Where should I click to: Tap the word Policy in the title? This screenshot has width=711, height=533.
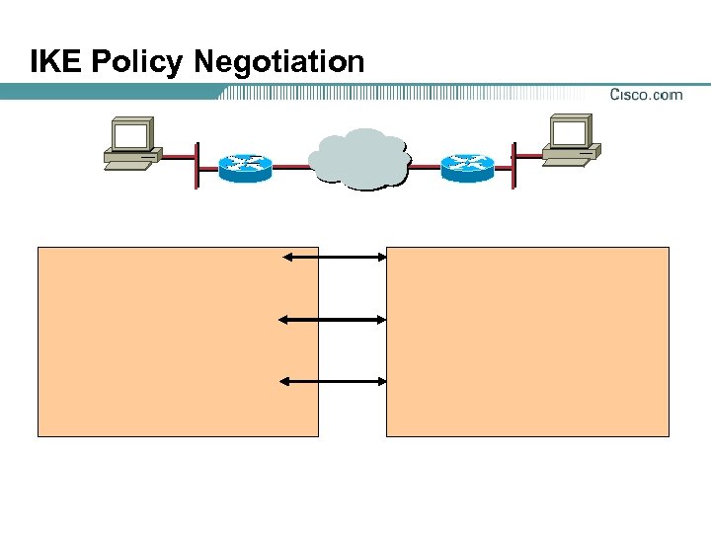(x=137, y=62)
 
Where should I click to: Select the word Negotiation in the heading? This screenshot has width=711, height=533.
(x=279, y=62)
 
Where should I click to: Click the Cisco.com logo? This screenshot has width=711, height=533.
(x=646, y=95)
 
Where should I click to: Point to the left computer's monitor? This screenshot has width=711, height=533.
(x=130, y=134)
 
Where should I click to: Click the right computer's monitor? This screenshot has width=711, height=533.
(x=571, y=131)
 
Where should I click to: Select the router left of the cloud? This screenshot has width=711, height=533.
(x=244, y=167)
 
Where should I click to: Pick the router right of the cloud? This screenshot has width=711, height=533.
(x=466, y=167)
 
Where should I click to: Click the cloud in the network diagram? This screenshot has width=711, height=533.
(x=357, y=158)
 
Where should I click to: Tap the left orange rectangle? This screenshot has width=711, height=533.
(x=178, y=342)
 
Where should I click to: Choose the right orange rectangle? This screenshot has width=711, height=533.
(x=527, y=342)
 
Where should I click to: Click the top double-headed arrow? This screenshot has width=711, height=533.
(x=334, y=258)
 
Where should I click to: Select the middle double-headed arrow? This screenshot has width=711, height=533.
(x=334, y=319)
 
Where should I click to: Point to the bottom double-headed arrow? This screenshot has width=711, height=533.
(x=334, y=380)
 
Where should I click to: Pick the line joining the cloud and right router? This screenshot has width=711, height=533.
(x=425, y=167)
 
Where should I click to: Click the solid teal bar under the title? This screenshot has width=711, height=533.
(x=109, y=92)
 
